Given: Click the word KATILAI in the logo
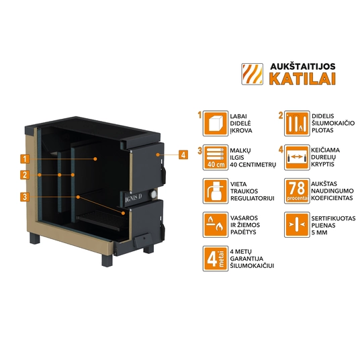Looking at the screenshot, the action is [x=302, y=79].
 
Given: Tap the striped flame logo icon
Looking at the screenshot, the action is [x=252, y=74].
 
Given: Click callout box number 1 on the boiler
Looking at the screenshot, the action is [x=25, y=159].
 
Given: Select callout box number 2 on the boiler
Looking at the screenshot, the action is [x=25, y=175].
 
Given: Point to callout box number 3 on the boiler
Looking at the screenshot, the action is [x=25, y=197].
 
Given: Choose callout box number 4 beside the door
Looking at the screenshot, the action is [x=183, y=154].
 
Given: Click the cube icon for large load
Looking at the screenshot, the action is [x=216, y=124].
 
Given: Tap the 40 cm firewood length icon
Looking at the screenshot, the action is [x=216, y=157].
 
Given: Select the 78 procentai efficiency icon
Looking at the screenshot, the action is [x=297, y=191].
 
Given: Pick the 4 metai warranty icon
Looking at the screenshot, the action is [x=216, y=259].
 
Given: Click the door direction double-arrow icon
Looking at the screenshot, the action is [x=297, y=157].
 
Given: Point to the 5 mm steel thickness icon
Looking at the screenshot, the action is [x=297, y=225].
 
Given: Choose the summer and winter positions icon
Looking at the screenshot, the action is [x=216, y=225].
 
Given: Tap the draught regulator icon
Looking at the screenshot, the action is [x=216, y=191].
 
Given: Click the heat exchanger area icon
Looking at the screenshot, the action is [x=297, y=124].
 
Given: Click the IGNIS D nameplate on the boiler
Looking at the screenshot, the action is [x=134, y=198].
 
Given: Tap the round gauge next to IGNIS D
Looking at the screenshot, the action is [x=152, y=194].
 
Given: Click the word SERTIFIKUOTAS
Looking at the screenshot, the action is [x=333, y=218].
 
